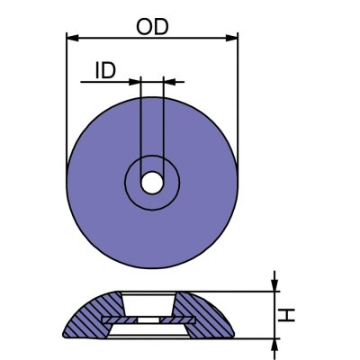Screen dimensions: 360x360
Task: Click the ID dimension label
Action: tap(105, 71)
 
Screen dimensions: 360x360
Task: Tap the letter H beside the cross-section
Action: tap(287, 314)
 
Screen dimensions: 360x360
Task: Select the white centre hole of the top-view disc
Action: tap(152, 181)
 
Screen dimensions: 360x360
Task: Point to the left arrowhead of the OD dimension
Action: tap(72, 38)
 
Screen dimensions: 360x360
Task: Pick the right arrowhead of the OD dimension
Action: tap(233, 38)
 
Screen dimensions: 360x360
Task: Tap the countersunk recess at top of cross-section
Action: tap(152, 301)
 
